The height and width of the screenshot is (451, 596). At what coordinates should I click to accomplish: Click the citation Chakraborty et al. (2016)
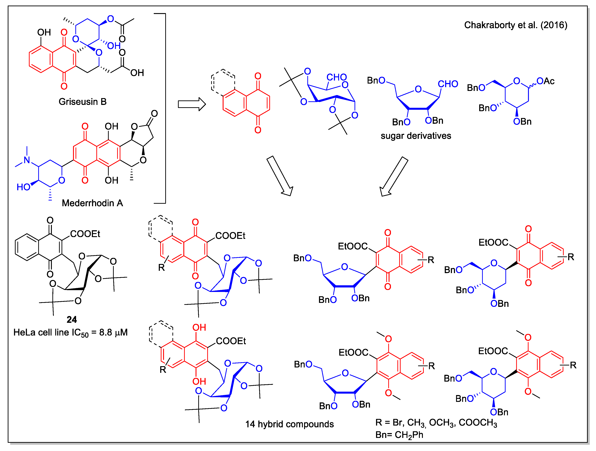(x=515, y=25)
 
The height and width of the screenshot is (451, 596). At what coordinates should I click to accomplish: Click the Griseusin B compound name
(x=83, y=102)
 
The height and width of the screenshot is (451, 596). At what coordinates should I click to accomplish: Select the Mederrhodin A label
(x=92, y=203)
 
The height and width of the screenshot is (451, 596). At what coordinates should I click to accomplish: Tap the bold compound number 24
(x=72, y=320)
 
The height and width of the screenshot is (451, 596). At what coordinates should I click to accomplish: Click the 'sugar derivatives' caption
(x=416, y=136)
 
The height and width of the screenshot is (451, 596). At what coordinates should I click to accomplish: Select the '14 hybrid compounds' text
(x=289, y=424)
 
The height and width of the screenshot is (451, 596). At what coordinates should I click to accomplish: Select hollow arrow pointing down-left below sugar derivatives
(x=394, y=176)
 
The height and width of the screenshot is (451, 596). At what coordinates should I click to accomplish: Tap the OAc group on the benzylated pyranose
(x=545, y=81)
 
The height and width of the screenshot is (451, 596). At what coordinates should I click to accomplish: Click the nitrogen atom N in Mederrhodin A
(x=27, y=160)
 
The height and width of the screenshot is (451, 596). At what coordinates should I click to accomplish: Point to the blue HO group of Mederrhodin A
(x=24, y=187)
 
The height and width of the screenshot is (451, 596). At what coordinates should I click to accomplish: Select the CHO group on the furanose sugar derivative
(x=448, y=84)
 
